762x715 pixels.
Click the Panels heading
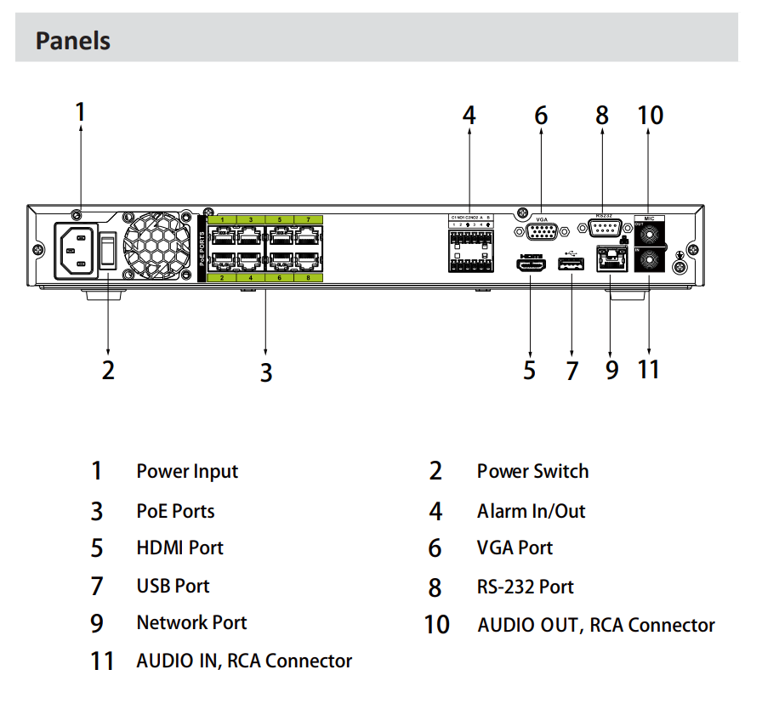[73, 40]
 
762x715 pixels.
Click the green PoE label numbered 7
[308, 220]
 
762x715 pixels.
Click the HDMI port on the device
[531, 264]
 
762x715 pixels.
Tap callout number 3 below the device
[266, 372]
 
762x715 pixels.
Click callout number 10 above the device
[650, 115]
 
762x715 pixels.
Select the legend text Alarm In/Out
[531, 511]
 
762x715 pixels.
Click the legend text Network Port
[191, 622]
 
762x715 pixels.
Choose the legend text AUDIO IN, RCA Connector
[244, 661]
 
